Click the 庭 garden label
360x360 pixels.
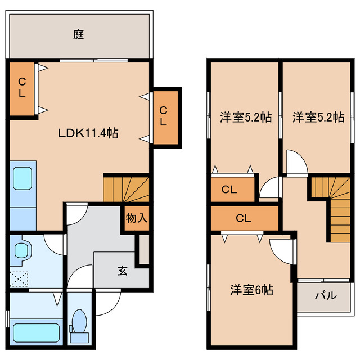tap(78, 35)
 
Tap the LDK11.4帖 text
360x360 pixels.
tap(88, 134)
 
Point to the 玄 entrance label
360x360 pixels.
tap(122, 270)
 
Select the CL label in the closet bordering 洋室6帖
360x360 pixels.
tap(243, 218)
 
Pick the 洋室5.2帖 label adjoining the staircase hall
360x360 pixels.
tap(318, 117)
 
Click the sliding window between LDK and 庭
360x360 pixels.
tap(94, 59)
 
